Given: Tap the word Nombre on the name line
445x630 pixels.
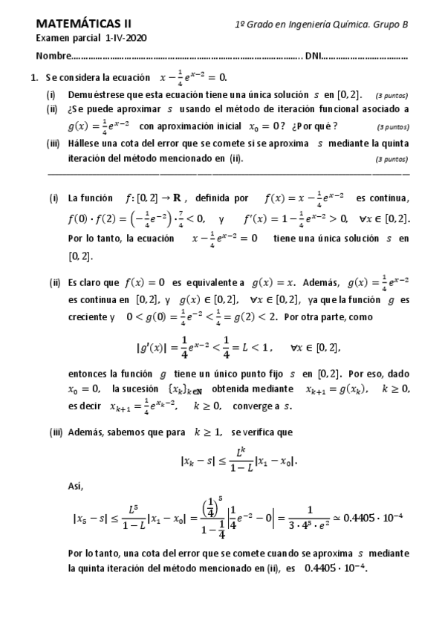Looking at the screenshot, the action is (x=53, y=56).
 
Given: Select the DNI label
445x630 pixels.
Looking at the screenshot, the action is (x=314, y=56).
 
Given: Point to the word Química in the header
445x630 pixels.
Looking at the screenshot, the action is (x=340, y=25).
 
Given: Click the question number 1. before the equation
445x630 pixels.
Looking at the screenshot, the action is (x=34, y=77).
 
